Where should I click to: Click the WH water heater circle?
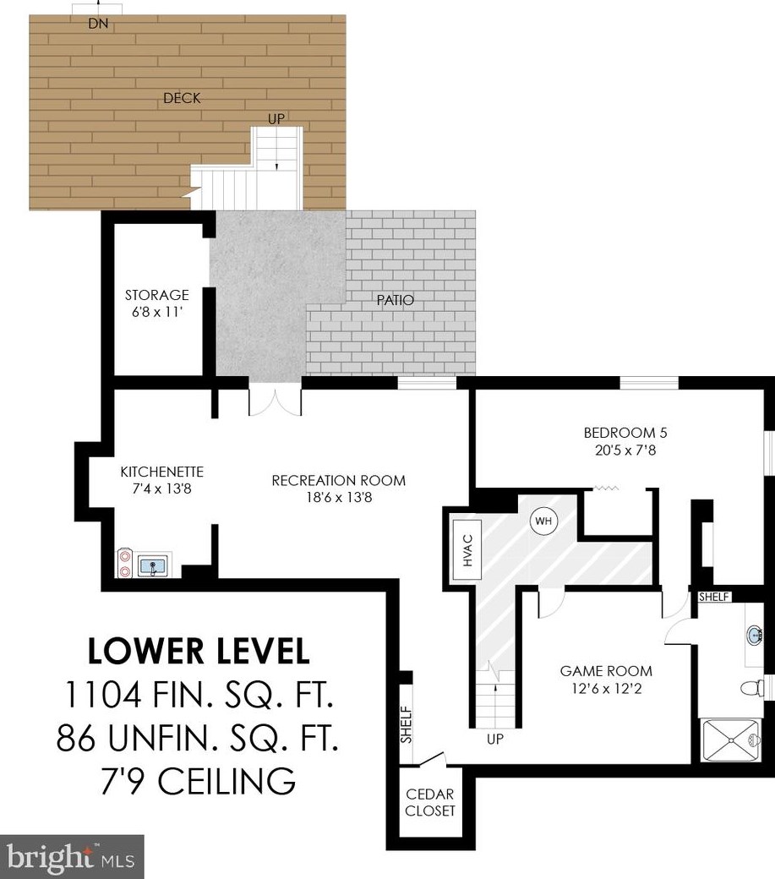pyautogui.click(x=543, y=521)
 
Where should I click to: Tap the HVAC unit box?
pyautogui.click(x=467, y=550)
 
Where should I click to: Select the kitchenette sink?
pyautogui.click(x=152, y=565)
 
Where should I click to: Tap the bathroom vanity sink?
pyautogui.click(x=756, y=636)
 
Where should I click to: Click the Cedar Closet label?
pyautogui.click(x=430, y=802)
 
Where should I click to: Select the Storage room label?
pyautogui.click(x=156, y=295)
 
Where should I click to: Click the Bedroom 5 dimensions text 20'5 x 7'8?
pyautogui.click(x=625, y=450)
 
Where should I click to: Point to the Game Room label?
pyautogui.click(x=606, y=671)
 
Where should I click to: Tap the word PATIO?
pyautogui.click(x=395, y=300)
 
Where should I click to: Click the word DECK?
pyautogui.click(x=182, y=98)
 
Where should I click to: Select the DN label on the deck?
pyautogui.click(x=98, y=24)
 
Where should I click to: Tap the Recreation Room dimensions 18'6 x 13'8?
pyautogui.click(x=339, y=497)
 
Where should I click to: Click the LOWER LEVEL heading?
pyautogui.click(x=199, y=652)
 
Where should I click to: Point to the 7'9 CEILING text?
pyautogui.click(x=198, y=781)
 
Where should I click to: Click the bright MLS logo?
pyautogui.click(x=72, y=857)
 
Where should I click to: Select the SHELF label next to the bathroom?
pyautogui.click(x=713, y=597)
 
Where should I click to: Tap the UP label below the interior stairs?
pyautogui.click(x=494, y=740)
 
